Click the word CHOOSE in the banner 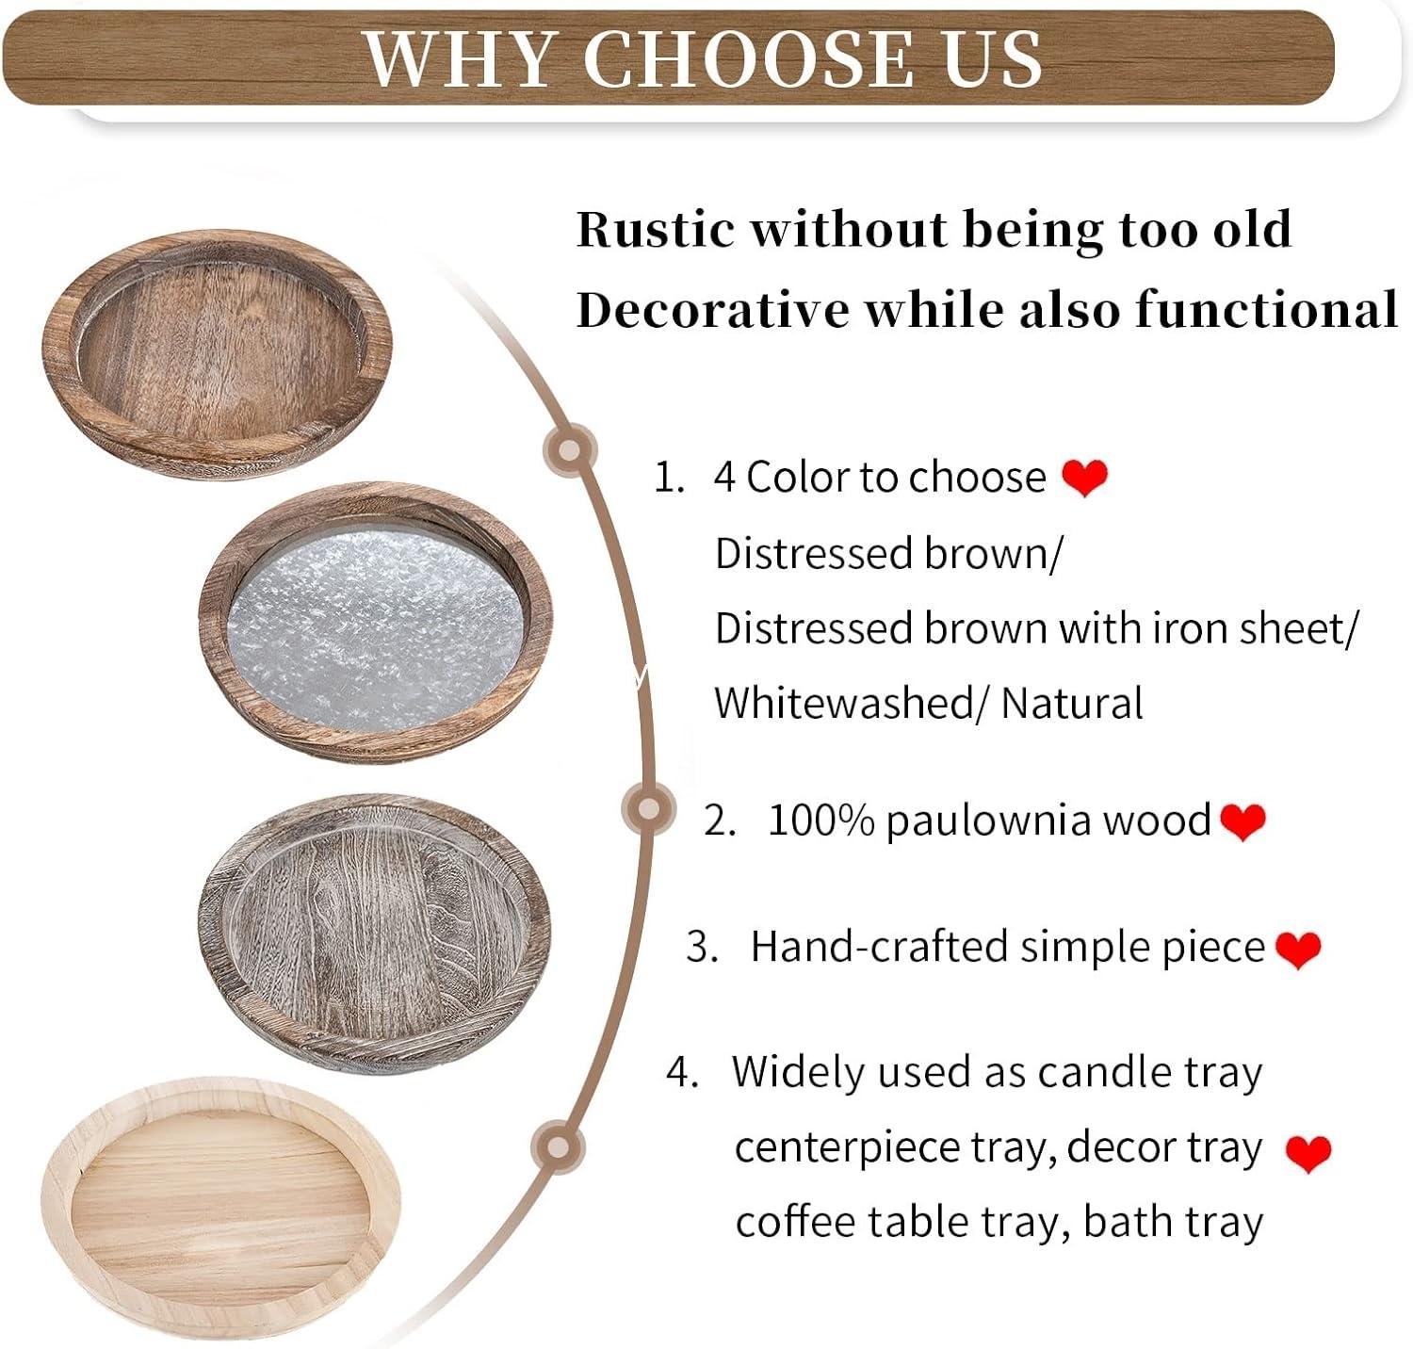coord(748,58)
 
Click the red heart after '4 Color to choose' coord(1084,478)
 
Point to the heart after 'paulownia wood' coord(1242,821)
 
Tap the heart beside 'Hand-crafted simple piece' coord(1298,949)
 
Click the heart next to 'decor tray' coord(1308,1152)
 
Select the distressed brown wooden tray coord(217,353)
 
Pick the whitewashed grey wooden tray coord(374,933)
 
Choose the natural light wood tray coord(221,1211)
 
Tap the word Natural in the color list coord(1072,704)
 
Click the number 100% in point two coord(821,821)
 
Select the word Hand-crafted coord(879,947)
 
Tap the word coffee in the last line coord(794,1223)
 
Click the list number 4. coord(680,1072)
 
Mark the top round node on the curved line coord(569,449)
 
